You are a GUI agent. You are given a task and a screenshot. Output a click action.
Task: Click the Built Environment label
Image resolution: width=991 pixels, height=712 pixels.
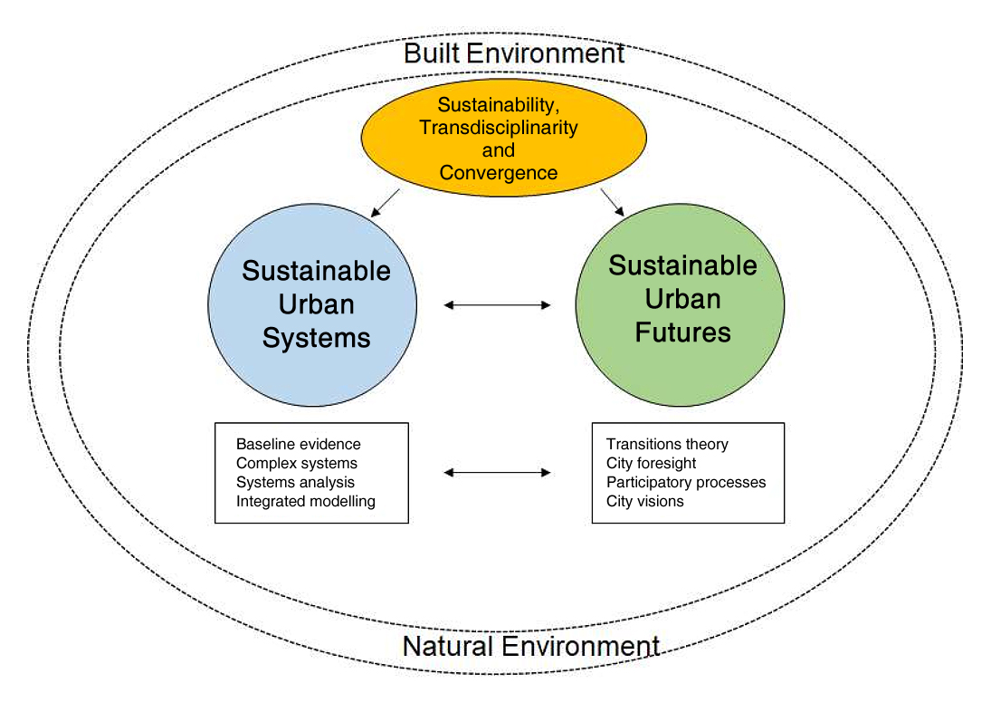514,53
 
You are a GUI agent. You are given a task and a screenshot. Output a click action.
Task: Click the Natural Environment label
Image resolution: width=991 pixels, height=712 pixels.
530,647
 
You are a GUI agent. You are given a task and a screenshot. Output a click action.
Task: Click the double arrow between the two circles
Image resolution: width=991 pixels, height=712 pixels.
497,305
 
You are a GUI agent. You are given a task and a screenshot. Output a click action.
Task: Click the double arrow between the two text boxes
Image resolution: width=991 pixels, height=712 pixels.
497,472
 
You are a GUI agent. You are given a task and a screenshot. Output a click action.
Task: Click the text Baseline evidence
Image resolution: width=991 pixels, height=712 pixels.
298,445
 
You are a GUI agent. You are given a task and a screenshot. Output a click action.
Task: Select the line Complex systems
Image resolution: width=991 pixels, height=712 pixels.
297,464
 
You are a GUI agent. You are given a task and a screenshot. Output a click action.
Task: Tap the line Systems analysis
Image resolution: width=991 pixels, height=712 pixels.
295,483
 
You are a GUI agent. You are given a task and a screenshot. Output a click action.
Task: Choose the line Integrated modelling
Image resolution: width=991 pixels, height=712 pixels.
305,501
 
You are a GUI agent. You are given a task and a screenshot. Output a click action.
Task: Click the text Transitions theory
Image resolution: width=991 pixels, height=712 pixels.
667,445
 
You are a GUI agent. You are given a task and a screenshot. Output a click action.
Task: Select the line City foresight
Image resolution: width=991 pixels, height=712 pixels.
652,464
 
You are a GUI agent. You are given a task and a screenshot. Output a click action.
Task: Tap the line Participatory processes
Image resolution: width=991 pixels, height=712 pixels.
686,483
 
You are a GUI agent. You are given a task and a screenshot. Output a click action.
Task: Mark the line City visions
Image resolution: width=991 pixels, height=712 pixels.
645,501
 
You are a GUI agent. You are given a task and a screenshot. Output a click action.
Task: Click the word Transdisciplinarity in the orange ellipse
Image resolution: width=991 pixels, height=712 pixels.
498,128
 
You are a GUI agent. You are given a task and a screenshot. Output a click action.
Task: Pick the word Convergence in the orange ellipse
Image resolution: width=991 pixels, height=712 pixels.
498,172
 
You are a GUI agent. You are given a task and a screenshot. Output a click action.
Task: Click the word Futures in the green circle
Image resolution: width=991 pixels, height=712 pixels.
682,332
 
